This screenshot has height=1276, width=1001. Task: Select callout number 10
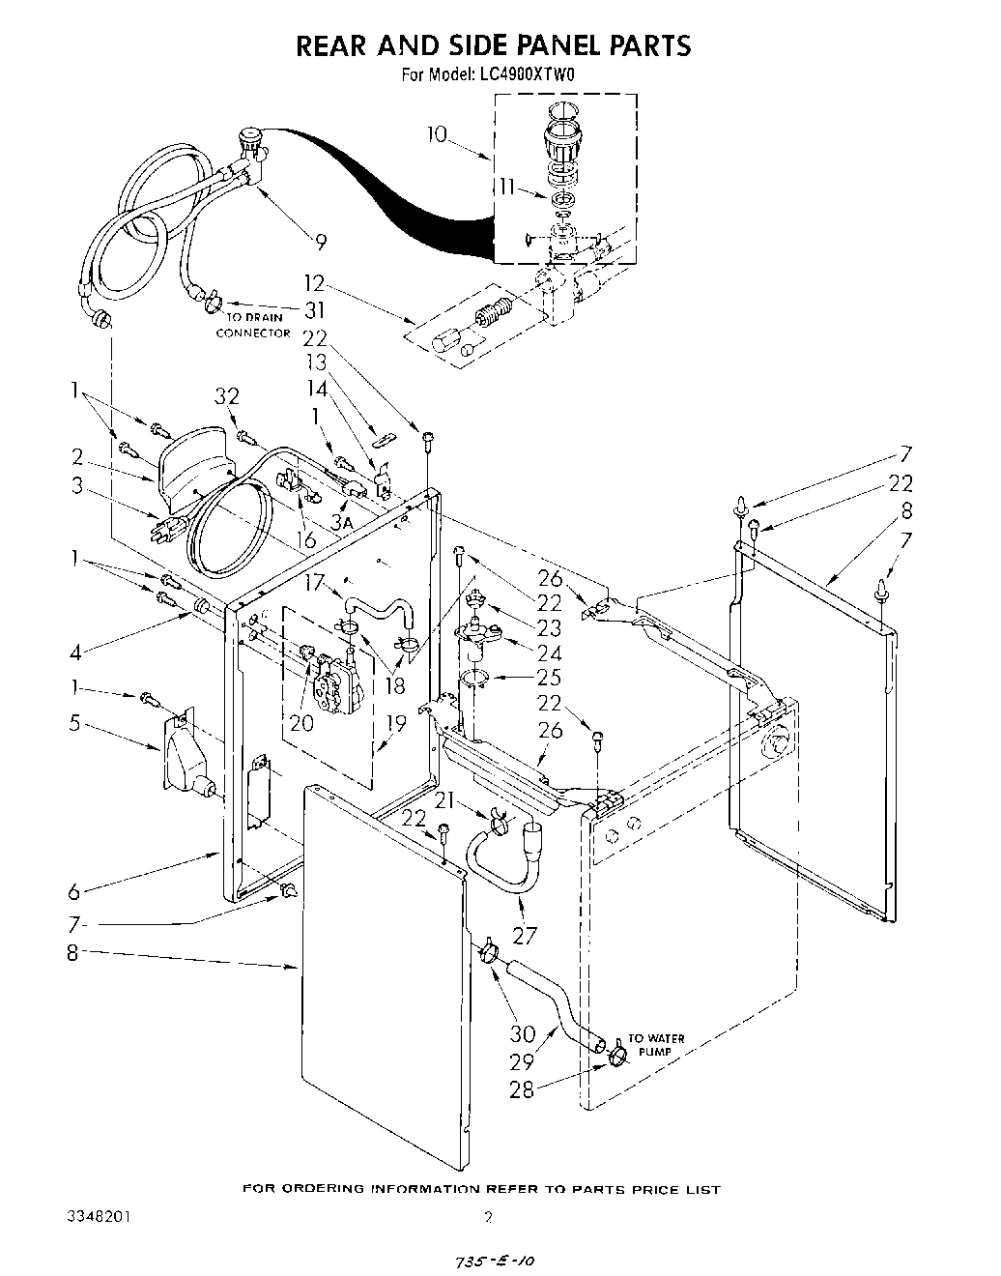tap(438, 134)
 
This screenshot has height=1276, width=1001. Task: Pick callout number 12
tap(315, 286)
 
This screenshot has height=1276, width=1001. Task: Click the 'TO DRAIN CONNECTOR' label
tap(252, 325)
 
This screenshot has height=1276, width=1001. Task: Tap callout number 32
tap(227, 396)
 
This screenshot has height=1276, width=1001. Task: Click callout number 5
tap(74, 722)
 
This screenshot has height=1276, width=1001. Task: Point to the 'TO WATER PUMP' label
tap(657, 1044)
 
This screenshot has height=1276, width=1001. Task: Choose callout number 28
tap(523, 1089)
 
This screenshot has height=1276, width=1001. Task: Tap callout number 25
tap(549, 677)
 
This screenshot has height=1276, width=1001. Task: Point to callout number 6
tap(74, 892)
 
